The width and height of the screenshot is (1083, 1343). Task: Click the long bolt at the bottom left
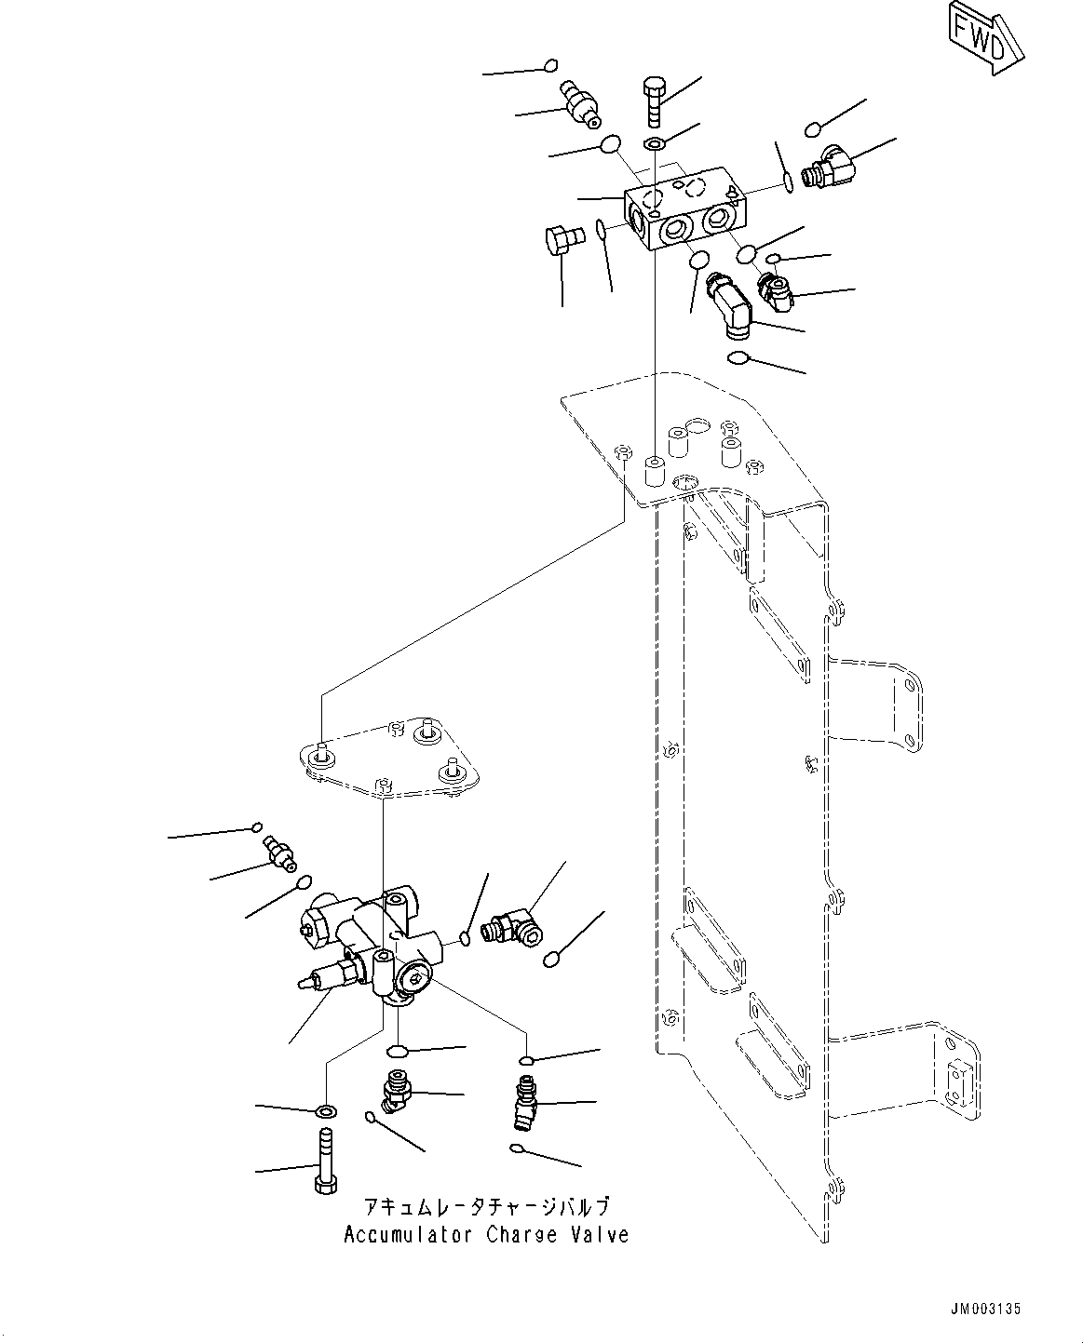click(x=324, y=1160)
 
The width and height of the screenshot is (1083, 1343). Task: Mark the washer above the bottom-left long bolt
click(x=326, y=1111)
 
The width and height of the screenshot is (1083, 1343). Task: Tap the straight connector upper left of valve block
click(x=579, y=105)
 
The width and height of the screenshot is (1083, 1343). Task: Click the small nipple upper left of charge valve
click(x=278, y=851)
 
